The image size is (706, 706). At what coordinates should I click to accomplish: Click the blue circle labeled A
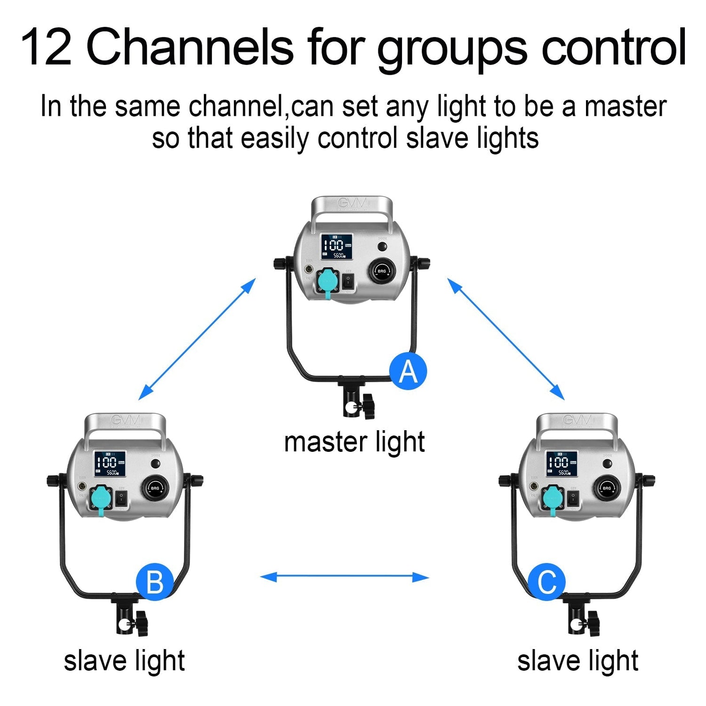[x=408, y=371]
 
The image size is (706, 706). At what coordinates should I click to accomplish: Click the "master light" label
[x=354, y=442]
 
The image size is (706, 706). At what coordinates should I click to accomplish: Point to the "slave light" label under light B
[x=124, y=661]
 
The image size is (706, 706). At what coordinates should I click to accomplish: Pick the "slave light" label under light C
[x=578, y=661]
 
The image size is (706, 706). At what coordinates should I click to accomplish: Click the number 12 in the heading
[x=46, y=47]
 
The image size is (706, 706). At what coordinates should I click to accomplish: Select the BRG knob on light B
[x=155, y=488]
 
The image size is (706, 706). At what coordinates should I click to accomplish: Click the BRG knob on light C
[x=607, y=488]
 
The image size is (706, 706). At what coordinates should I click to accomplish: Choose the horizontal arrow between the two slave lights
[x=345, y=577]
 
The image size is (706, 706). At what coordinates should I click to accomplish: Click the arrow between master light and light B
[x=197, y=339]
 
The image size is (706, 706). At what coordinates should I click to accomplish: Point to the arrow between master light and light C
[x=505, y=339]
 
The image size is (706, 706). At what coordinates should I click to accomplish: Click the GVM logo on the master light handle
[x=352, y=204]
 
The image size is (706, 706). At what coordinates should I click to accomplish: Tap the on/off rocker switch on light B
[x=121, y=498]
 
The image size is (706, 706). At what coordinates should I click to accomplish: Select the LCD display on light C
[x=562, y=463]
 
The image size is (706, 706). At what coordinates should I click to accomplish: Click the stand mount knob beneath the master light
[x=366, y=406]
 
